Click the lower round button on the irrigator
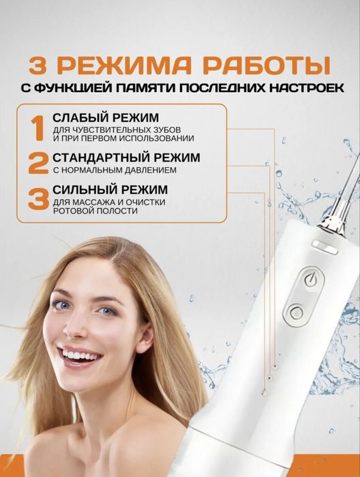(x=296, y=313)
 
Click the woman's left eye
(x=107, y=311)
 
